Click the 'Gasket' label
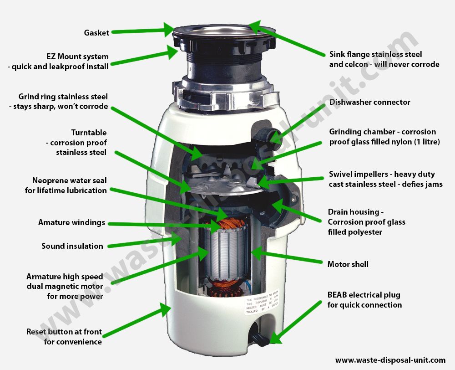(x=96, y=33)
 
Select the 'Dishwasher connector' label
(x=369, y=102)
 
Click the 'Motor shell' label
(x=348, y=264)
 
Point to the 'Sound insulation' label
(x=72, y=246)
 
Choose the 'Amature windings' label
(x=71, y=223)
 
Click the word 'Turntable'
(x=89, y=133)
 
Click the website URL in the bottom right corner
(x=390, y=360)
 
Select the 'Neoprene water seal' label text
(x=70, y=181)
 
